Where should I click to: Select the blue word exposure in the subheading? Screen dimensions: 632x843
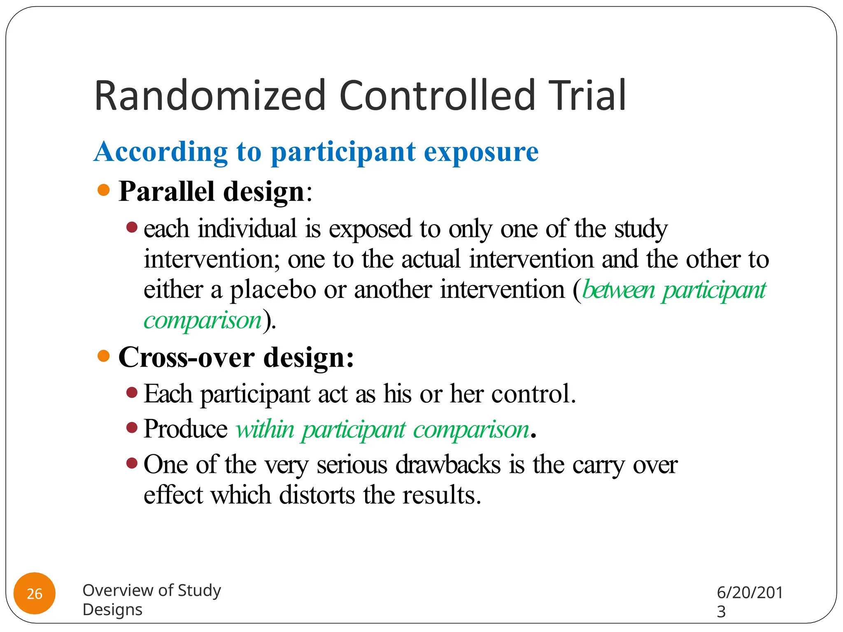pos(481,152)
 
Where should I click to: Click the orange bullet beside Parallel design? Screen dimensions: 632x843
pos(104,190)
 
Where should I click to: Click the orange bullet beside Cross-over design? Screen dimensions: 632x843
pos(104,356)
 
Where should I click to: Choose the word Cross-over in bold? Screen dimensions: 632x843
pos(186,357)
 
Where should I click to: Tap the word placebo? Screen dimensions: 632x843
pos(272,290)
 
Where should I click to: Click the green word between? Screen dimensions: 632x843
pos(618,290)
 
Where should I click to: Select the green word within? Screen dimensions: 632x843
pos(265,430)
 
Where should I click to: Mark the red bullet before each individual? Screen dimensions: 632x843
pos(132,227)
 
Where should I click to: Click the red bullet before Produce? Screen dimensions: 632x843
pos(132,428)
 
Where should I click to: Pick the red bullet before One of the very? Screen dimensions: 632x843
pos(132,464)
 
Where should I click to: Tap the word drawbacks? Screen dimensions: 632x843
pos(448,465)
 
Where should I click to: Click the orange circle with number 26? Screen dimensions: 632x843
pos(35,593)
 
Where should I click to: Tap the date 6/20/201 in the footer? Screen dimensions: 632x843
pos(750,592)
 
